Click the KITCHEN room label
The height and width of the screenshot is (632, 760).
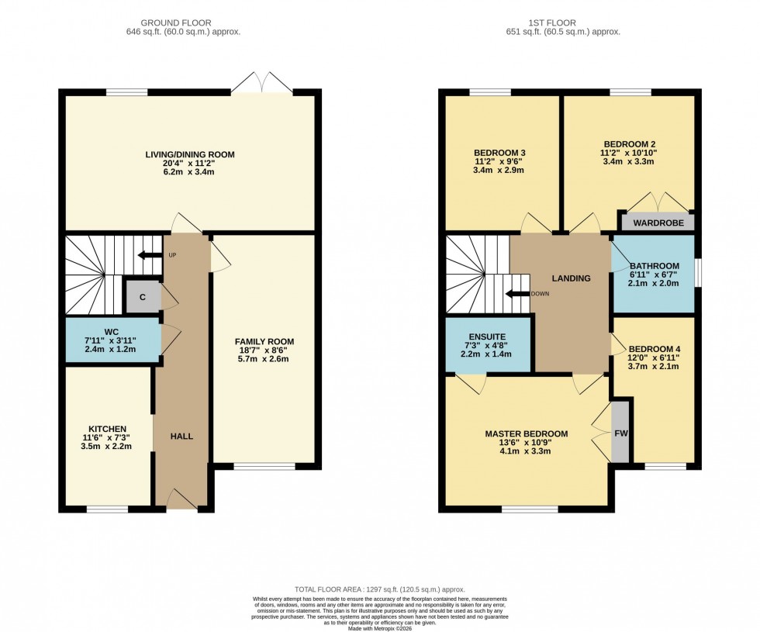click(x=107, y=429)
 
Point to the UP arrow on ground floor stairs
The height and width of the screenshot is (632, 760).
click(x=145, y=255)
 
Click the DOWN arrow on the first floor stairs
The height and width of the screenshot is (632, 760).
click(x=513, y=294)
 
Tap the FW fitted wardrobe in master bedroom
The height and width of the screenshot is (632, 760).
click(x=620, y=433)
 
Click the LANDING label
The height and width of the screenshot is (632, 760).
click(x=571, y=278)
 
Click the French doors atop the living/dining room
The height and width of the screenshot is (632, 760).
click(x=261, y=83)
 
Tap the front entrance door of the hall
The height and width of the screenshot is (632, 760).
click(x=181, y=499)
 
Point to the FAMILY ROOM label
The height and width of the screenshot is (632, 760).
click(x=264, y=341)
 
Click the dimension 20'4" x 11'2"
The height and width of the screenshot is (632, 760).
click(x=189, y=164)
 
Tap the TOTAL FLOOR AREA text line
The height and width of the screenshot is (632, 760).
click(x=380, y=590)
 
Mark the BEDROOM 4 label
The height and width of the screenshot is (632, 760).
click(x=654, y=349)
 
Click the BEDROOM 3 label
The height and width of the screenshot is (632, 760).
click(x=499, y=151)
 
